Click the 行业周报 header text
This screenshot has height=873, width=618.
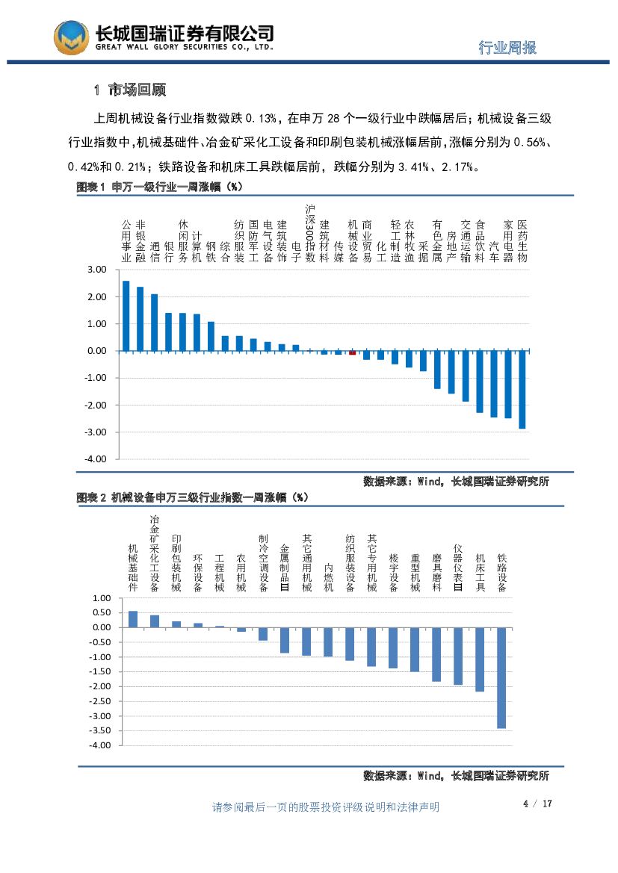pyautogui.click(x=507, y=48)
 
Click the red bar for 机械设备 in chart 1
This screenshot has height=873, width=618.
pyautogui.click(x=353, y=352)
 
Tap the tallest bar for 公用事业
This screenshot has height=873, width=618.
pyautogui.click(x=126, y=315)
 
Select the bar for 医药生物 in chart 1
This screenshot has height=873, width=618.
pyautogui.click(x=522, y=389)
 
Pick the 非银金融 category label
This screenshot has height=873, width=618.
pyautogui.click(x=140, y=241)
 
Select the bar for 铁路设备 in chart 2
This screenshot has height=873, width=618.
pyautogui.click(x=501, y=677)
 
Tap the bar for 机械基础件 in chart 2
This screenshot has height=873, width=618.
pyautogui.click(x=133, y=619)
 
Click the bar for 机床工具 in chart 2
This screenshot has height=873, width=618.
pyautogui.click(x=480, y=659)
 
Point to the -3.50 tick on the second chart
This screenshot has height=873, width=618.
pyautogui.click(x=100, y=730)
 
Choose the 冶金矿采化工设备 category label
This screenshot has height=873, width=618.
pyautogui.click(x=155, y=553)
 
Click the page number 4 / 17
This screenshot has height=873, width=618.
pyautogui.click(x=537, y=804)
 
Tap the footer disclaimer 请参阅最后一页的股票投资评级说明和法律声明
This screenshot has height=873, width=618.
pyautogui.click(x=326, y=807)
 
